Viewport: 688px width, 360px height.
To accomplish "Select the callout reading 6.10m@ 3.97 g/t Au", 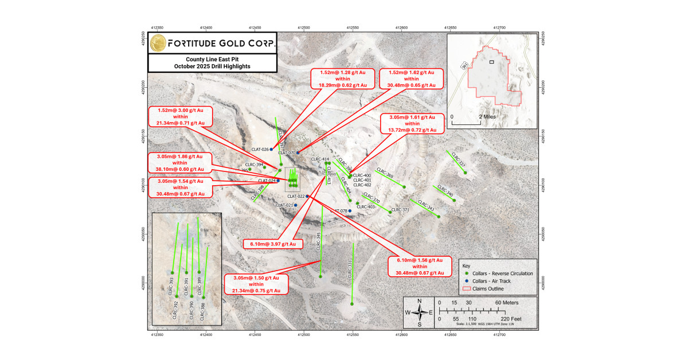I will point(273,244).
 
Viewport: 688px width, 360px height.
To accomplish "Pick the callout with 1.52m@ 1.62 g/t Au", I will point(412,79).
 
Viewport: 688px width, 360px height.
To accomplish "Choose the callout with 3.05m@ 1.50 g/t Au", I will point(256,284).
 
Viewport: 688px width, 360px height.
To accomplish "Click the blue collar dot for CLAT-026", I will point(271,149).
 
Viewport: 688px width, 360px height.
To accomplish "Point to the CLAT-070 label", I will point(286,153).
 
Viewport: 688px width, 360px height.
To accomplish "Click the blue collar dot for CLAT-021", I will point(296,205).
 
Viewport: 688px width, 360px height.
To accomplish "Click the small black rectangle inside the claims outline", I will point(491,61).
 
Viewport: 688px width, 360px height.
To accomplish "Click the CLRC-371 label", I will point(400,210).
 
